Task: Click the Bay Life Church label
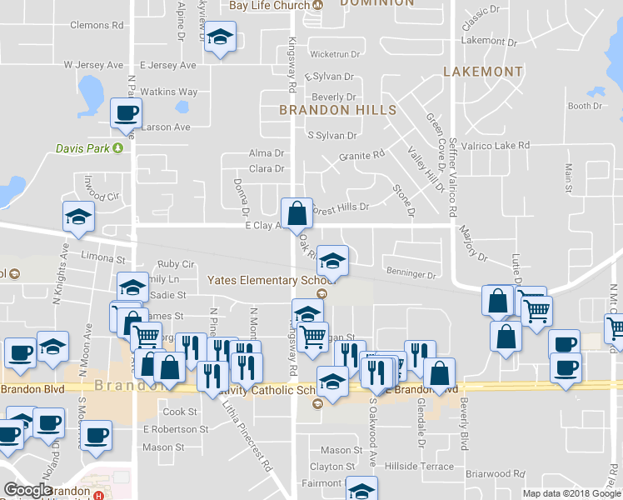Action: pyautogui.click(x=270, y=5)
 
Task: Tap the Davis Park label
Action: pyautogui.click(x=83, y=149)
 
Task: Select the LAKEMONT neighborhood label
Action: pyautogui.click(x=483, y=72)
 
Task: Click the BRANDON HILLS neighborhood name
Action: pyautogui.click(x=337, y=109)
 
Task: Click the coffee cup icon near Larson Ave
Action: pyautogui.click(x=126, y=113)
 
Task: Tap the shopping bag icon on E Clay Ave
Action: pyautogui.click(x=297, y=214)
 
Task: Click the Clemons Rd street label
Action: pyautogui.click(x=97, y=26)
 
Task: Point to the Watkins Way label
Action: pyautogui.click(x=168, y=92)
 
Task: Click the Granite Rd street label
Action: pyautogui.click(x=361, y=155)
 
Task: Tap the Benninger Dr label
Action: pyautogui.click(x=411, y=273)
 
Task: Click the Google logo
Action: pyautogui.click(x=27, y=490)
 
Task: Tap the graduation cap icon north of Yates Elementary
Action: pyautogui.click(x=331, y=261)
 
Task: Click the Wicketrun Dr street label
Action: pyautogui.click(x=334, y=54)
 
